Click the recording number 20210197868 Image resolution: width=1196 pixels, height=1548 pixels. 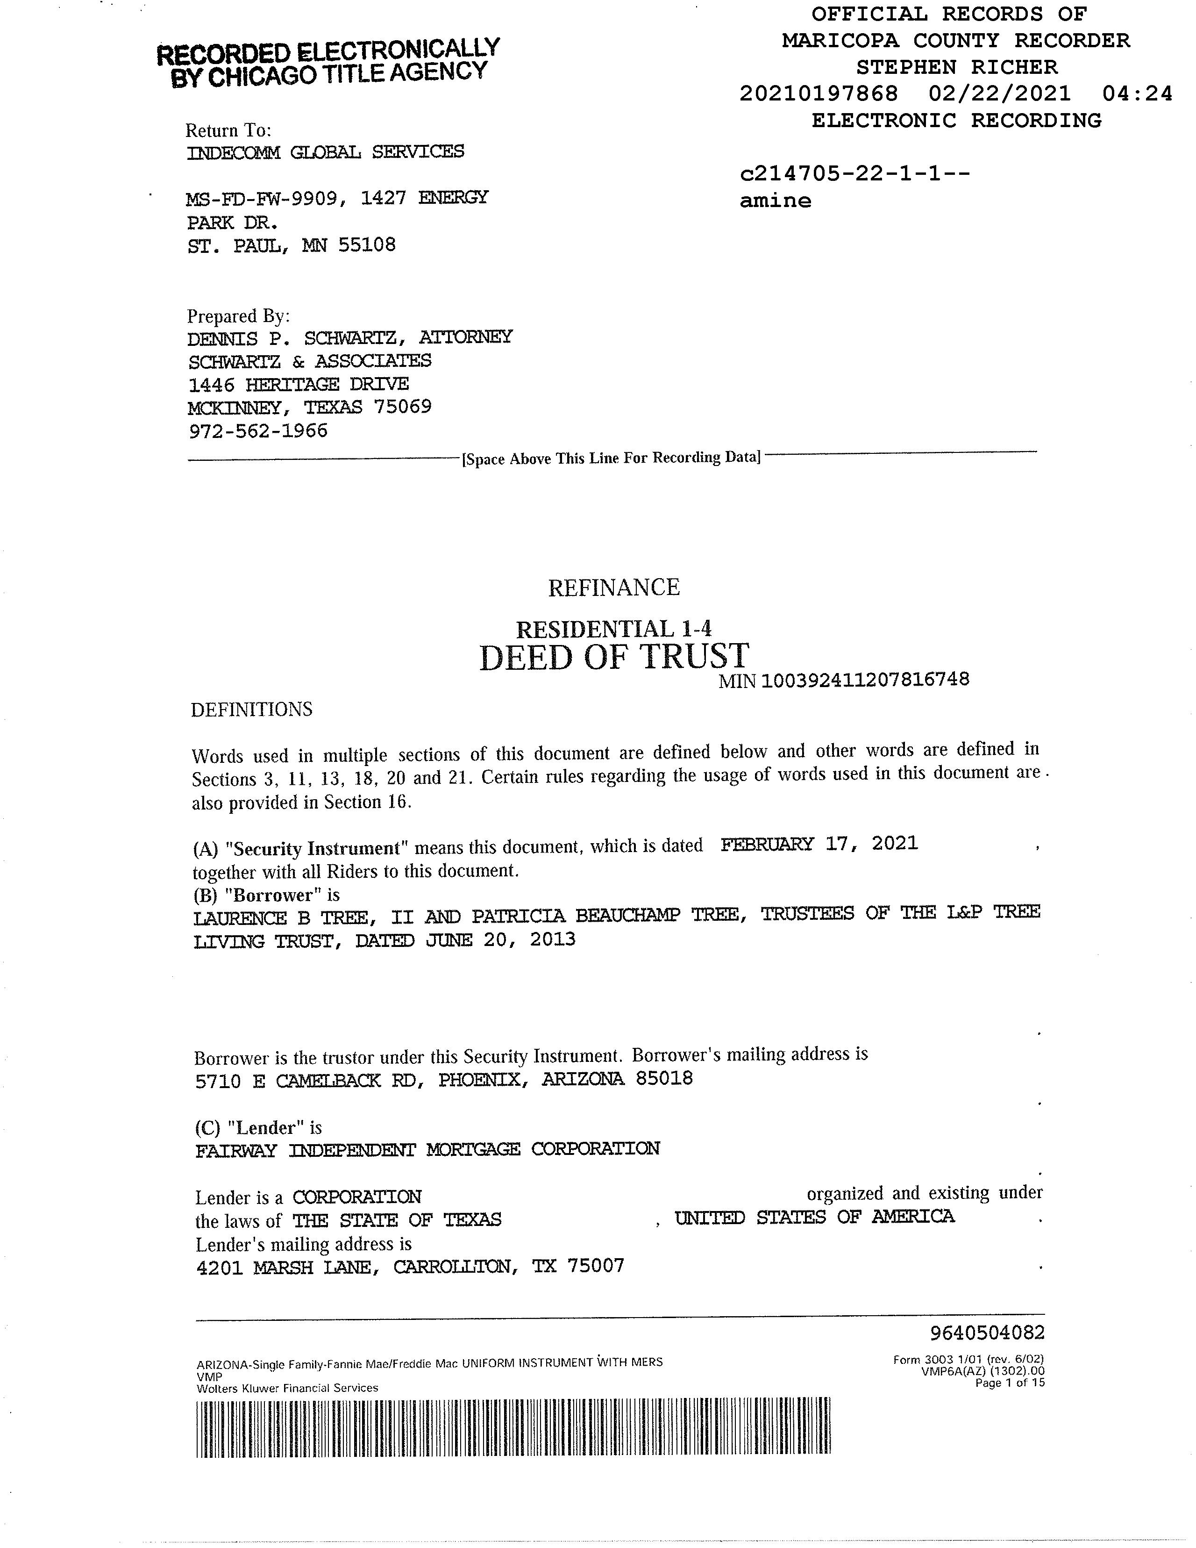(x=819, y=93)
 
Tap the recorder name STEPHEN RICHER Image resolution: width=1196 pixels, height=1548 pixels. (x=956, y=67)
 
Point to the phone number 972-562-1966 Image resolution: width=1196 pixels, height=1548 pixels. (x=258, y=431)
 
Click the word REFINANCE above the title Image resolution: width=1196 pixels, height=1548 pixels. (x=613, y=588)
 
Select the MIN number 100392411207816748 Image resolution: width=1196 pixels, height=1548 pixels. (x=864, y=680)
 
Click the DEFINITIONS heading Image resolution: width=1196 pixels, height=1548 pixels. (x=251, y=709)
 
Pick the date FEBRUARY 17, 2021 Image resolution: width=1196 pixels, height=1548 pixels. (x=819, y=844)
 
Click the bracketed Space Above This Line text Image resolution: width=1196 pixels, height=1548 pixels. (x=611, y=458)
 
